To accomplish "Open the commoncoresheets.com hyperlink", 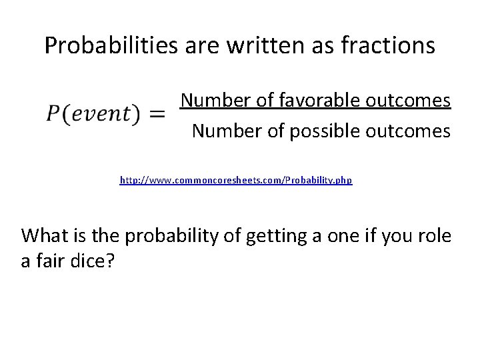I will coord(236,181).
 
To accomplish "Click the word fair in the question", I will coord(49,261).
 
